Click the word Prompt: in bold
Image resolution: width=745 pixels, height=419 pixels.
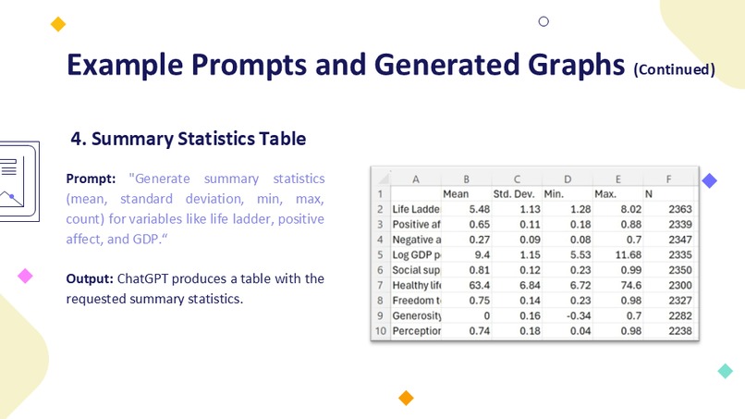91,178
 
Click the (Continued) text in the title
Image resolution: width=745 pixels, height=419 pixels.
674,69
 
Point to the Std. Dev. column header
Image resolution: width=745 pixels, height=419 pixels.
514,194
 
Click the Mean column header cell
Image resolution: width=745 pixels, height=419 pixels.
456,194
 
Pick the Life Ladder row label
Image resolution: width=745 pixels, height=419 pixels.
416,209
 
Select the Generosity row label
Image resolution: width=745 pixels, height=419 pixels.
416,314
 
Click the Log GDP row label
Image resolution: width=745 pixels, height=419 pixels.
416,254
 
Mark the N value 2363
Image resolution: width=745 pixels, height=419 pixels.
678,209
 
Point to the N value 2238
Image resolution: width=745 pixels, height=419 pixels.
678,330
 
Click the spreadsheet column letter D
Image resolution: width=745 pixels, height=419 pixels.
567,179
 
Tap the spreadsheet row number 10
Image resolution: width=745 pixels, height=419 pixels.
380,330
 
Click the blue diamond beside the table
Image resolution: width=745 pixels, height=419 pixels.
709,181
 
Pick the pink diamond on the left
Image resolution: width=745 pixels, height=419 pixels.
25,276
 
